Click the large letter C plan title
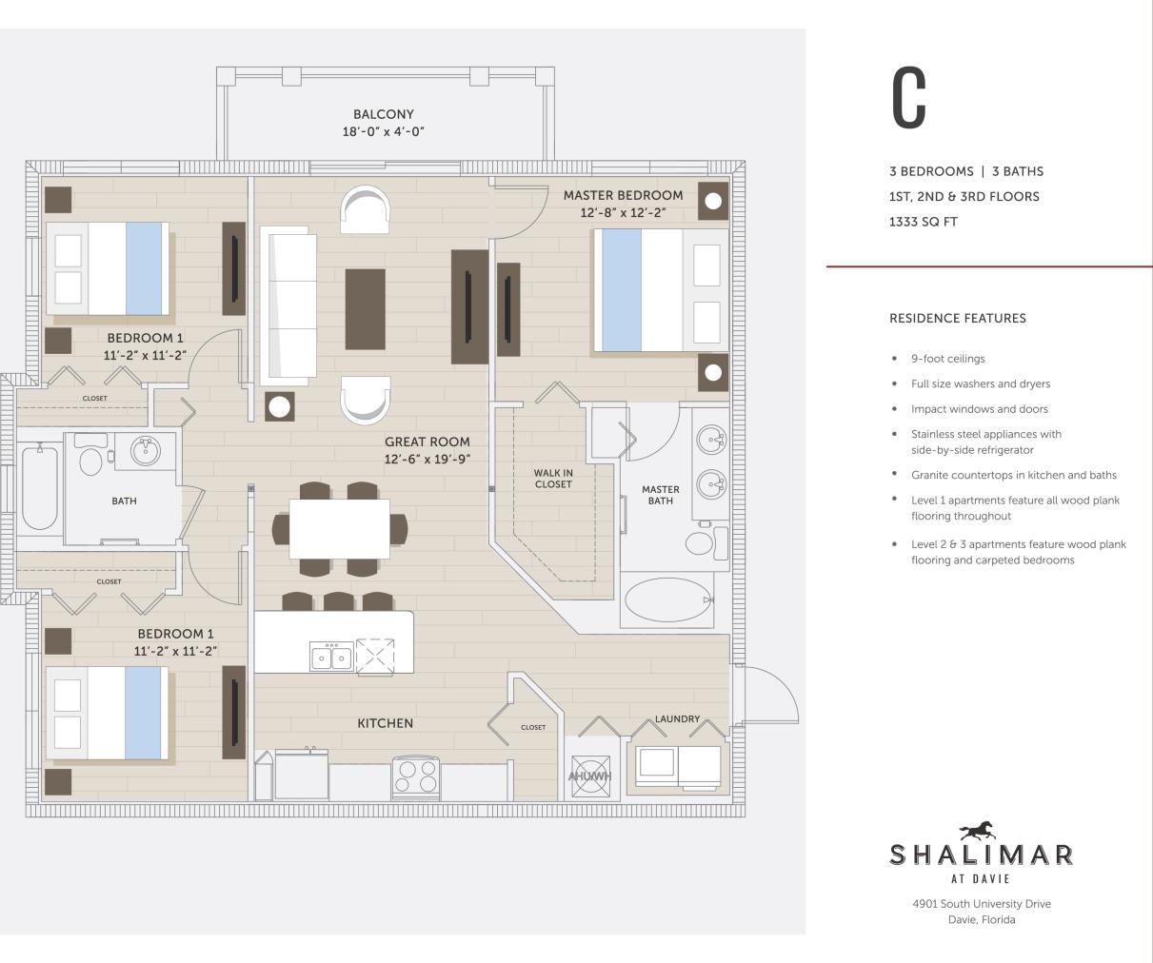[x=908, y=98]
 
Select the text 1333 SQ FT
[x=923, y=222]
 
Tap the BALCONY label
[x=383, y=114]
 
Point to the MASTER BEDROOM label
[x=623, y=195]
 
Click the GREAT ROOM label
[x=427, y=442]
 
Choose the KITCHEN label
[x=385, y=723]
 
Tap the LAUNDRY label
[x=677, y=718]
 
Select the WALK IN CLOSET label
[x=553, y=479]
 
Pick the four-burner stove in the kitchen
[x=416, y=777]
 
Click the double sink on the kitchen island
[x=331, y=657]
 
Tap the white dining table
[x=339, y=528]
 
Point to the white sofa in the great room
[x=288, y=305]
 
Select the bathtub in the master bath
[x=667, y=600]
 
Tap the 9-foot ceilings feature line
[x=947, y=359]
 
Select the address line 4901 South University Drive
[x=981, y=904]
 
